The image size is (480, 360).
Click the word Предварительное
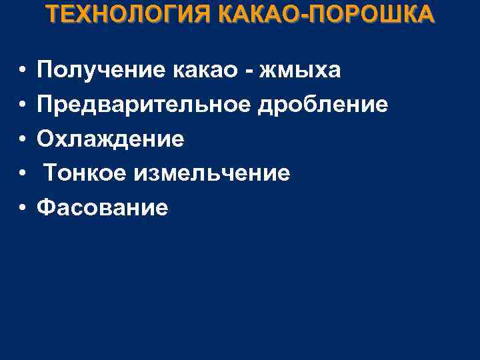coord(150,105)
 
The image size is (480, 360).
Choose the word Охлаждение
coord(110,139)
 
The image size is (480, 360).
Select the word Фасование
coord(103,209)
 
